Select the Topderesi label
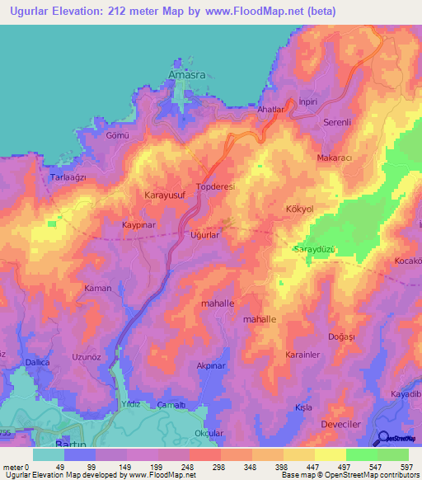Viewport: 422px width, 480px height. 216,187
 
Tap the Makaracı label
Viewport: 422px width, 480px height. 335,158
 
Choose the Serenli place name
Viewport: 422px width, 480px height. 338,122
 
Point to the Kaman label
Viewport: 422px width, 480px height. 97,289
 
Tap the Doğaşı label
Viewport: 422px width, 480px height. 340,336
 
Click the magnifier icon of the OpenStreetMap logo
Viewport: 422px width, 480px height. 383,437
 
